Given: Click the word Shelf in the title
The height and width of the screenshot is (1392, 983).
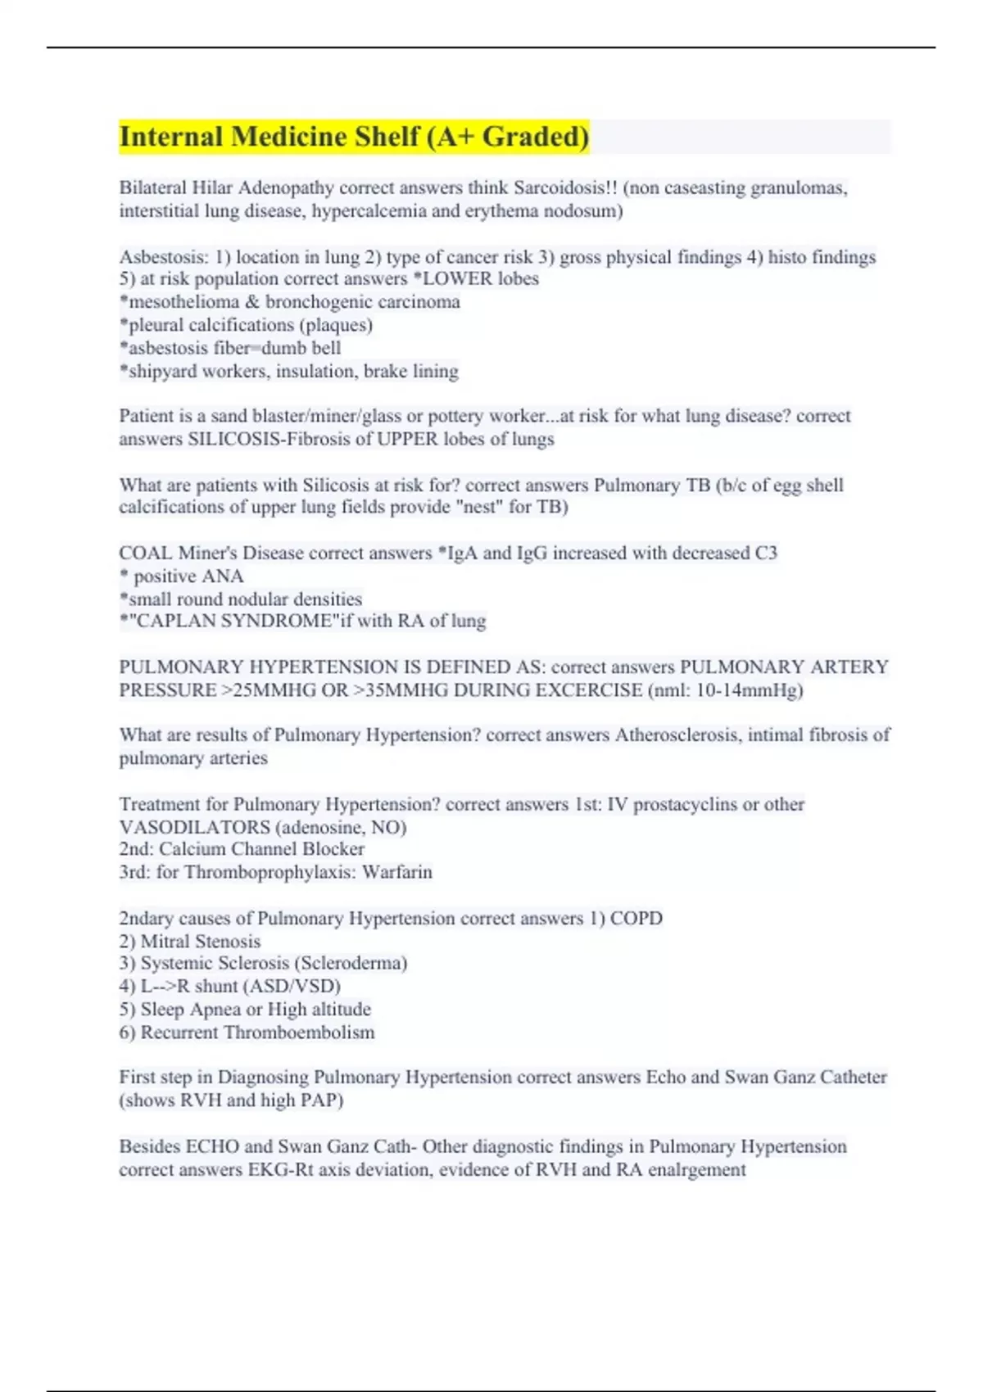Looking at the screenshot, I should (382, 137).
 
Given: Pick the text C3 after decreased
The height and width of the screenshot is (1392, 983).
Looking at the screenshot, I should (766, 554).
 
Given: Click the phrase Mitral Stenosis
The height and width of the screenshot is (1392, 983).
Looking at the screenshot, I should (201, 942).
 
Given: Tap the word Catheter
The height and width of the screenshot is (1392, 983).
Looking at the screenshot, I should (853, 1078).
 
